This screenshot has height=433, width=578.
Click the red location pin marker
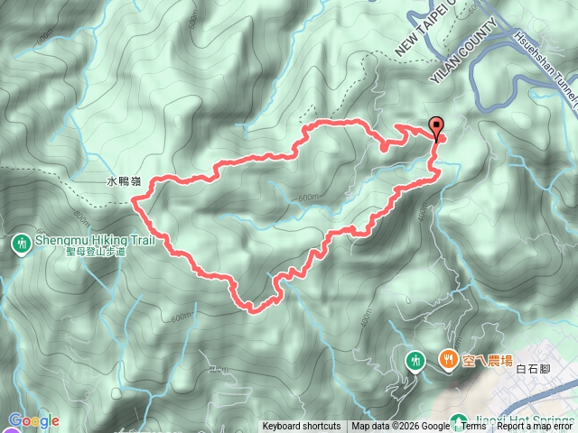click(x=437, y=128)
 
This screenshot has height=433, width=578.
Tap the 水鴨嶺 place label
click(x=123, y=181)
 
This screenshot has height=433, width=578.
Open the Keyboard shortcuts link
click(x=302, y=427)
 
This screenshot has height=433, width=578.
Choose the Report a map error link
click(x=536, y=427)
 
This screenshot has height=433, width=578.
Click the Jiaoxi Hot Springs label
click(x=516, y=419)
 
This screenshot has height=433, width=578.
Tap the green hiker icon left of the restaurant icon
click(x=415, y=360)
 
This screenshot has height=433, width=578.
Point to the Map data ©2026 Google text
click(x=400, y=427)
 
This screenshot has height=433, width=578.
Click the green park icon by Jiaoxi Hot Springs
click(x=460, y=419)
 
